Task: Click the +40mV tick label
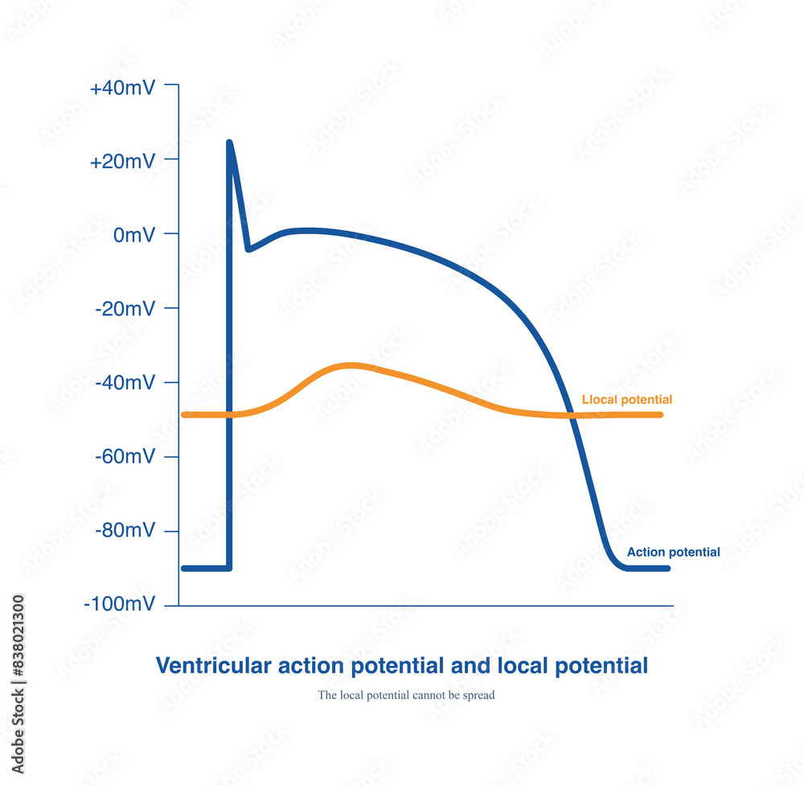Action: coord(122,88)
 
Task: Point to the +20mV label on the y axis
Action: coord(122,161)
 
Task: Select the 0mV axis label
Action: coord(134,236)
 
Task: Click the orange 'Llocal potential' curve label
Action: coord(626,400)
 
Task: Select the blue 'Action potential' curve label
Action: coord(673,553)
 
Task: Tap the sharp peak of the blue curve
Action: coord(229,142)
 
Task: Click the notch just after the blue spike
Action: coord(248,249)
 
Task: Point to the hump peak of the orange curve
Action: coord(350,365)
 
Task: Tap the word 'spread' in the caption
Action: coord(478,695)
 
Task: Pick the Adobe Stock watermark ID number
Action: coord(18,635)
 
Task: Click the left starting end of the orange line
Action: coord(183,415)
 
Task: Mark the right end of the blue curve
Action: coord(667,569)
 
